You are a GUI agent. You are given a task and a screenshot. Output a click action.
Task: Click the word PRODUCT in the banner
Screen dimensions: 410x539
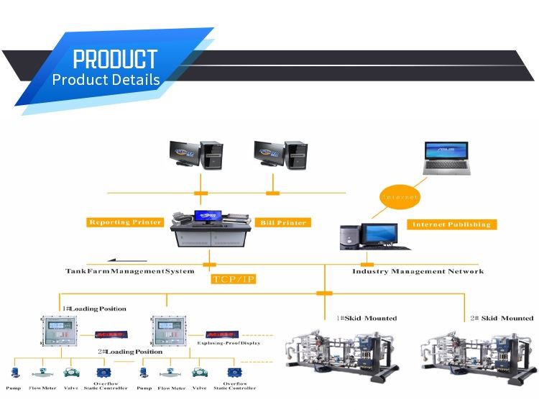[115, 58]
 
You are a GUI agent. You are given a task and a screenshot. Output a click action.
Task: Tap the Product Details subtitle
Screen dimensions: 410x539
[106, 79]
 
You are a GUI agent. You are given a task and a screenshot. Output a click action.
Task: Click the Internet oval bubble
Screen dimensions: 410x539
[399, 196]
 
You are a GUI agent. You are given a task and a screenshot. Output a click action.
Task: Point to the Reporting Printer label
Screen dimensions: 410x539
[125, 222]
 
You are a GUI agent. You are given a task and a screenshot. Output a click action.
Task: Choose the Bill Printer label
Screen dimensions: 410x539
[282, 223]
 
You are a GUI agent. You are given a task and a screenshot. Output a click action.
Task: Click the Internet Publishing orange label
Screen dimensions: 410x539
[451, 224]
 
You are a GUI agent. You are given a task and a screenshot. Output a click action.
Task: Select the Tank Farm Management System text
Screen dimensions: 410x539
[130, 271]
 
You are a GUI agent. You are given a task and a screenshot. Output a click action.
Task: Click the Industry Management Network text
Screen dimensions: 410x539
[418, 271]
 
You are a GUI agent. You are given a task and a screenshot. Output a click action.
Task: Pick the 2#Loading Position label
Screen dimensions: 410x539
[130, 352]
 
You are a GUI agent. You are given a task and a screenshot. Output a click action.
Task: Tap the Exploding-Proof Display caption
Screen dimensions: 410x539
[229, 343]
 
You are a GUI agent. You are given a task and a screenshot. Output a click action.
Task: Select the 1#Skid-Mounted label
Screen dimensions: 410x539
[366, 318]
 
